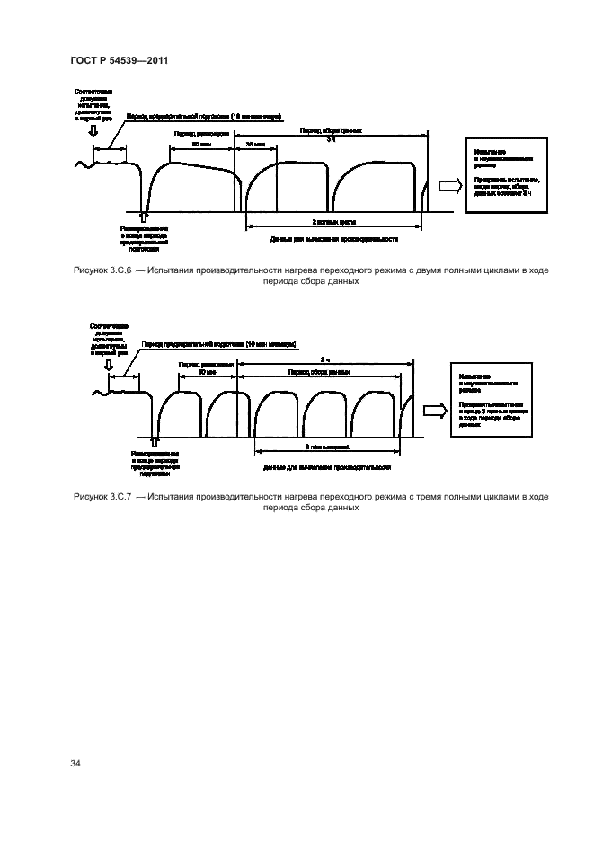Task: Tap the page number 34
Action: click(75, 763)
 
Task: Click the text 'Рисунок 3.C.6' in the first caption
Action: click(102, 270)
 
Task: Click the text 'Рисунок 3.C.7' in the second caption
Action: click(102, 496)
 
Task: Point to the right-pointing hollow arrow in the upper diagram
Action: click(447, 186)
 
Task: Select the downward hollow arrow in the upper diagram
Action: click(93, 131)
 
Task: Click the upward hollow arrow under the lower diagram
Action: click(155, 439)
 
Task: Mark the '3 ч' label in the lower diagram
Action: click(324, 359)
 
